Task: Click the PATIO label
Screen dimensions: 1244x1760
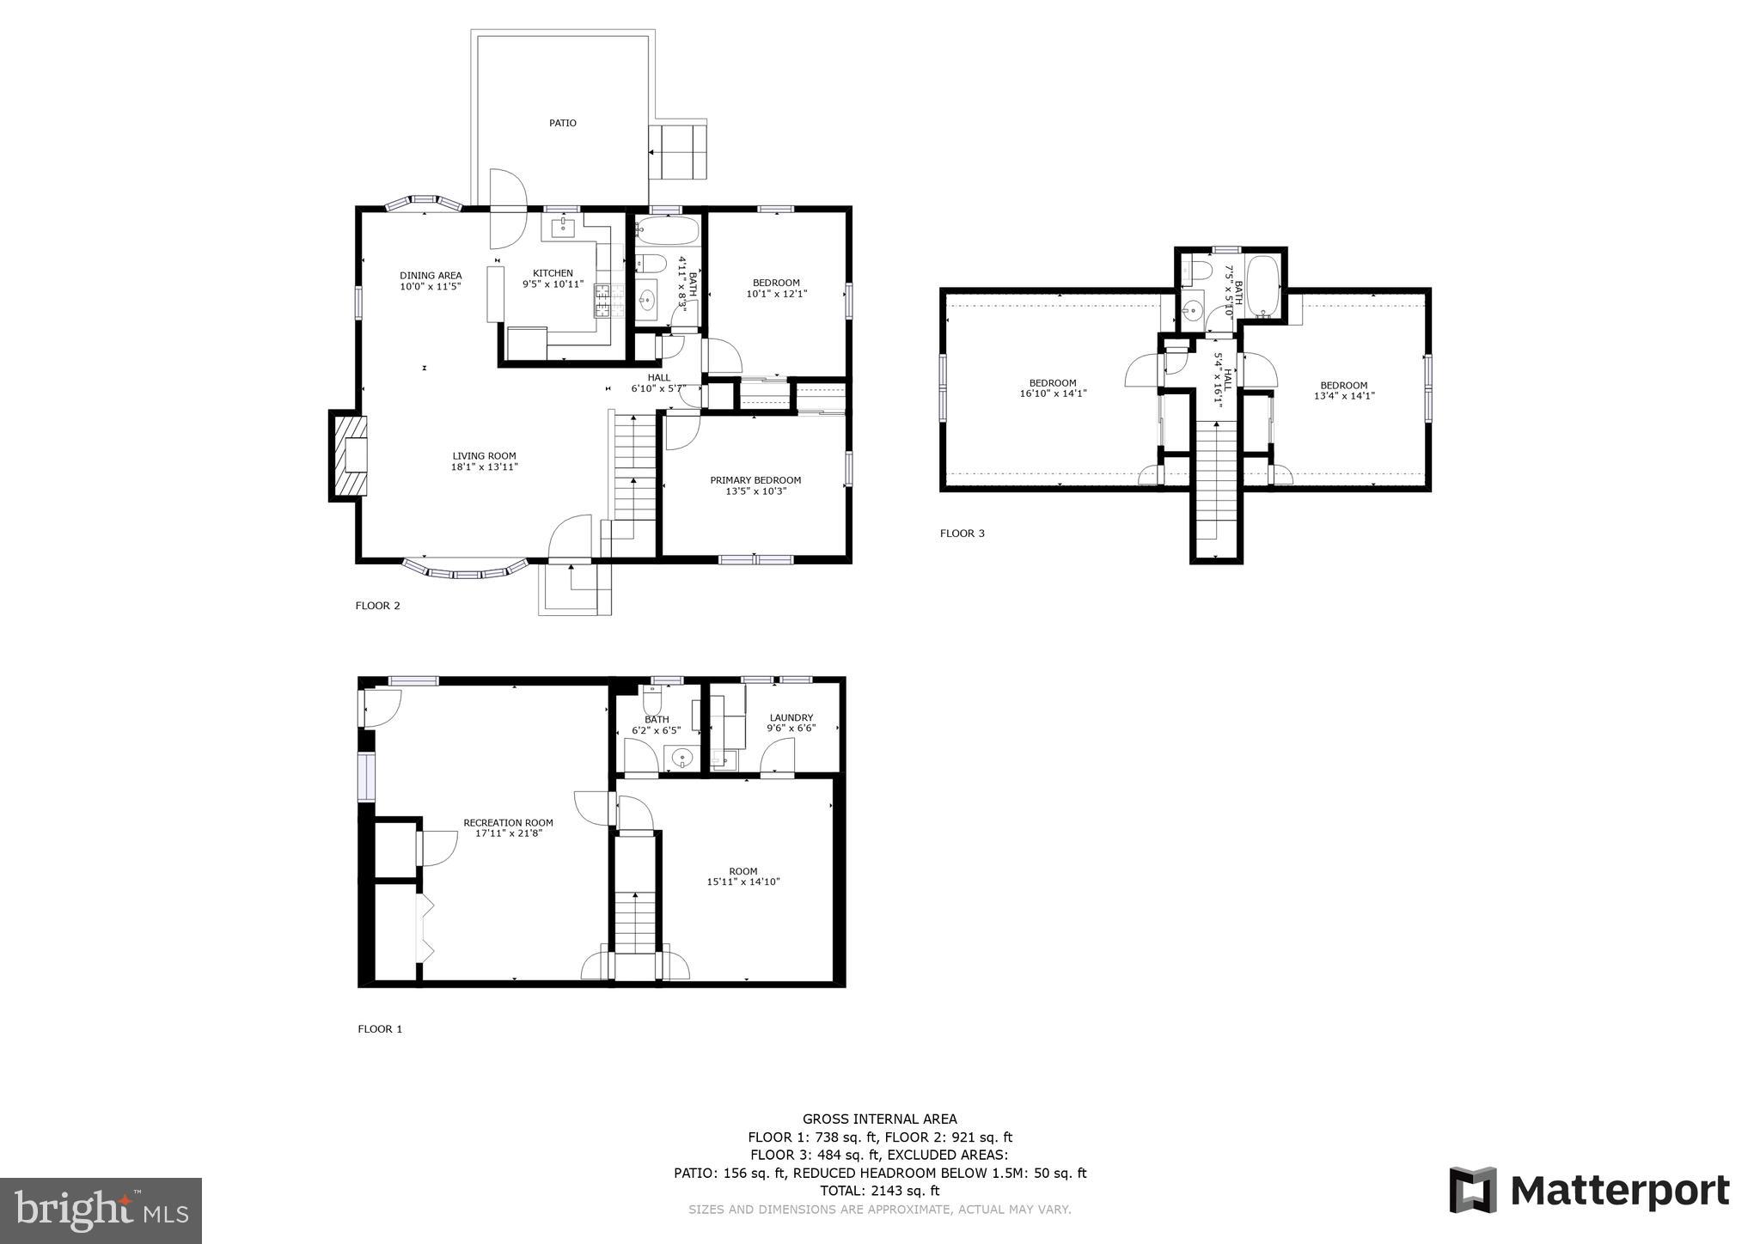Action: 563,123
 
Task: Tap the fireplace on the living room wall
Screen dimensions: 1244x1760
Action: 350,456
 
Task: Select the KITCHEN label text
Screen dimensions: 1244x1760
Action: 553,273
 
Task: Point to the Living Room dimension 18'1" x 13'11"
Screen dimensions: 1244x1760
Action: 484,467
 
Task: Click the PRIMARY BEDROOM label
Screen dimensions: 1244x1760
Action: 755,480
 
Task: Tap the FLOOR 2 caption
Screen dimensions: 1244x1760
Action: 377,606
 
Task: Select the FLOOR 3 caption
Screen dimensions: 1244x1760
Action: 962,534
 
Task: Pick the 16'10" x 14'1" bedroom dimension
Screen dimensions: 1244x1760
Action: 1053,394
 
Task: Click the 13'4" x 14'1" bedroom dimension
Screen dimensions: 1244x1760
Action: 1344,396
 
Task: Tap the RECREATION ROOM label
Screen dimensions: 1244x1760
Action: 508,822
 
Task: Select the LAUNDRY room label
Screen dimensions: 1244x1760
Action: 791,717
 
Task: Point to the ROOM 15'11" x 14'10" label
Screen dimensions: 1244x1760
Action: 743,876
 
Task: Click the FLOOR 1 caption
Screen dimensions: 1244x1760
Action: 380,1029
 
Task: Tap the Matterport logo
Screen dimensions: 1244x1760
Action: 1589,1191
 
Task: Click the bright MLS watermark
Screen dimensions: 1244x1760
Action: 101,1210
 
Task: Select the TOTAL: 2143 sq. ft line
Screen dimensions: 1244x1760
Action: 879,1191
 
